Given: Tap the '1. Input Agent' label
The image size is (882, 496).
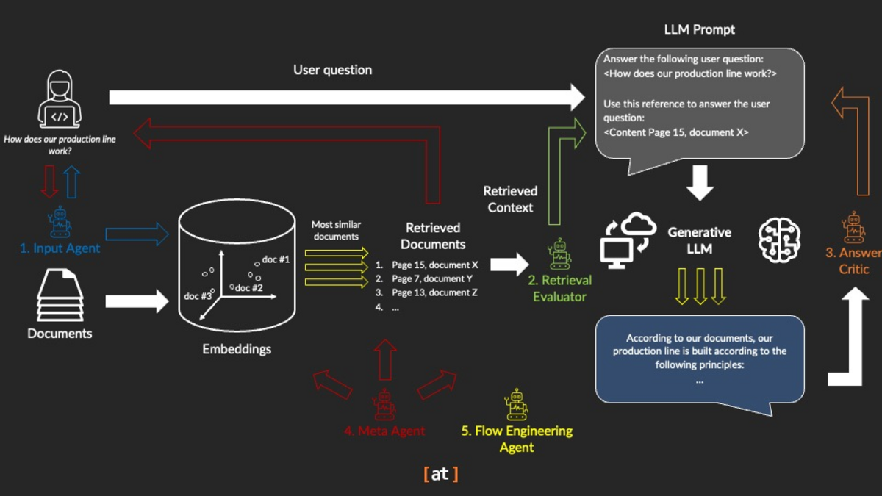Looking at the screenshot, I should coord(60,248).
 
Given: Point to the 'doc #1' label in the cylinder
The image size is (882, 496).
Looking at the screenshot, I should coord(276,260).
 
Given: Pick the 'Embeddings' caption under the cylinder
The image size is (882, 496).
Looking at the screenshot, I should coord(237,349).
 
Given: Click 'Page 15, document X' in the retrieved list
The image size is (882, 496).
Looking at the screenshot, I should coord(434,265).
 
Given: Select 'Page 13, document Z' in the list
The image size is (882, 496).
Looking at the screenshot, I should coord(434,292).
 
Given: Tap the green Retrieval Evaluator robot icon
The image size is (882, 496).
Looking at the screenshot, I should coord(560,254).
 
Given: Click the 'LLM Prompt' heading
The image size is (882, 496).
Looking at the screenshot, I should coord(699,30).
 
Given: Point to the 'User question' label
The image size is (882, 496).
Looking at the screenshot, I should coord(332,70).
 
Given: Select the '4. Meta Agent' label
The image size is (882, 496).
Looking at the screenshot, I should coord(384,431).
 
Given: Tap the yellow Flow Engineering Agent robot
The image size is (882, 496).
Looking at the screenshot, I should coord(516,404).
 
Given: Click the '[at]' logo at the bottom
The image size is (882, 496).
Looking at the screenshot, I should coord(440,474).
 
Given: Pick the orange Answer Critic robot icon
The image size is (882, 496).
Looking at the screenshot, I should coord(853,228).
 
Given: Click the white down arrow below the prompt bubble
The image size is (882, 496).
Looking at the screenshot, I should coord(700,183).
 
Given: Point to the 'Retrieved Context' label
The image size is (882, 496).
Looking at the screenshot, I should coord(510,199).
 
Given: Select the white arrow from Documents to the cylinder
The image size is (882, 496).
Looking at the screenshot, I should coord(137,300).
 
